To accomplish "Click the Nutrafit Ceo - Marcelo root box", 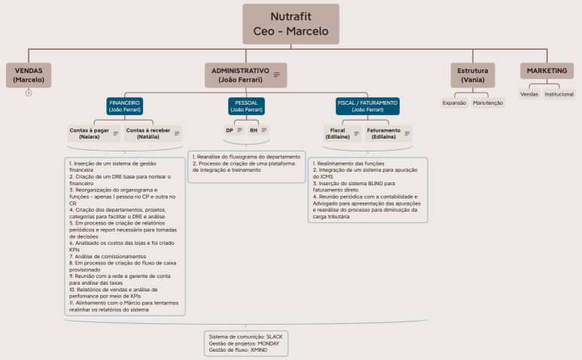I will [291, 23].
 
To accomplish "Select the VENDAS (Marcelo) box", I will [29, 75].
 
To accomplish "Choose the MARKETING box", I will [547, 70].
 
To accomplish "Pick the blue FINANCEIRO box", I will [125, 106].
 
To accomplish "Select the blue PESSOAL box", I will [246, 106].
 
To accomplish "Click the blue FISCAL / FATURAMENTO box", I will [368, 106].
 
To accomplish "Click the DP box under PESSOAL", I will [233, 130].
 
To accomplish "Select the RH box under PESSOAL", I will [258, 130].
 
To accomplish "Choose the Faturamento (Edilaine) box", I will [389, 134].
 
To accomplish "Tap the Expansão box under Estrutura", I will [455, 102].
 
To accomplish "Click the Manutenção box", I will [488, 102].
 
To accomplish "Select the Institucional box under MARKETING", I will [559, 94].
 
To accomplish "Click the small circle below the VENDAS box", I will [29, 93].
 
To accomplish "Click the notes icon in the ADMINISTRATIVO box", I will [277, 75].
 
